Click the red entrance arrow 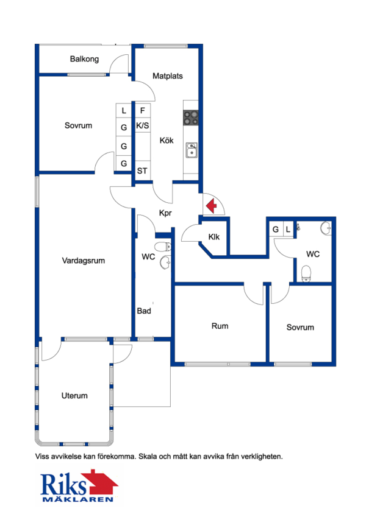click(211, 206)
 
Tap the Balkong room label click(84, 59)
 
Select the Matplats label click(168, 76)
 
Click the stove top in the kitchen click(191, 118)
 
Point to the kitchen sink click(192, 150)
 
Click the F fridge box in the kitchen click(142, 110)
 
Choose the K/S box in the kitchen click(142, 125)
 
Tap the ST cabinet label click(142, 171)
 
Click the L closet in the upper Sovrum click(124, 110)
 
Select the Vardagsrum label click(83, 261)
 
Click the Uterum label click(74, 395)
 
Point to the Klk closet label click(213, 237)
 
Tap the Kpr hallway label click(165, 213)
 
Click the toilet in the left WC click(163, 246)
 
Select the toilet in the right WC click(306, 274)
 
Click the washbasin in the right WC click(325, 228)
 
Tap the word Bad click(144, 311)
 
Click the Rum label click(220, 326)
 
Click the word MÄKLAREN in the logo click(78, 499)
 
